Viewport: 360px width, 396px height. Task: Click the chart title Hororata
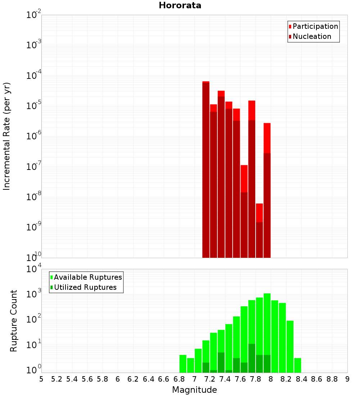tap(180, 5)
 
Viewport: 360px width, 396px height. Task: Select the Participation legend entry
tap(315, 26)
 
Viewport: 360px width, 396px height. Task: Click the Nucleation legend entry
tap(311, 36)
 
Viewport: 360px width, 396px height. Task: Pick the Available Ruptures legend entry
tap(87, 277)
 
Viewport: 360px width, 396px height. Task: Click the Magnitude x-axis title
tap(194, 390)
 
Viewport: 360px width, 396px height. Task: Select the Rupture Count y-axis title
tap(14, 320)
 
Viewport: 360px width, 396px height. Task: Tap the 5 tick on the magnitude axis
tap(41, 379)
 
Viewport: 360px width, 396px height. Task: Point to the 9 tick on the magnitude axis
tap(347, 379)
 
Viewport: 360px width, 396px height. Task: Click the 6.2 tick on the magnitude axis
tap(133, 379)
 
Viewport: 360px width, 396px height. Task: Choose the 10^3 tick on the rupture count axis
tap(33, 294)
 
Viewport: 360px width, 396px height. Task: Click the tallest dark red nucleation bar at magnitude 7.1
tap(206, 169)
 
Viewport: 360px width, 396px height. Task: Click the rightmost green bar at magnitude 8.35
tap(297, 365)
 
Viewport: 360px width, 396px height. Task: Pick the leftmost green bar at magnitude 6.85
tap(183, 364)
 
